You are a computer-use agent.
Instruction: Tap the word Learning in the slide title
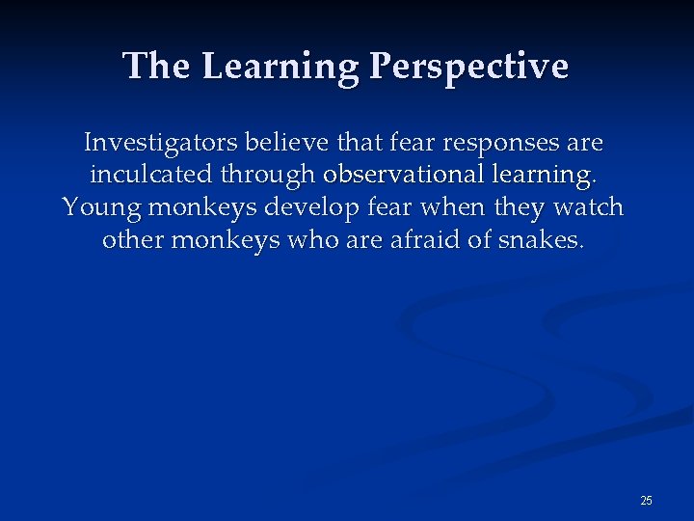pos(282,67)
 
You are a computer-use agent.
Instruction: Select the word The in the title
pos(158,67)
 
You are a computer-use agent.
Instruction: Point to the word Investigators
pos(160,144)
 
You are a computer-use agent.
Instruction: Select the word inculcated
pos(154,176)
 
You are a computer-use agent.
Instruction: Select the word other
pos(133,239)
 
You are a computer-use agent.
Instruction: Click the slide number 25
pos(646,500)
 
